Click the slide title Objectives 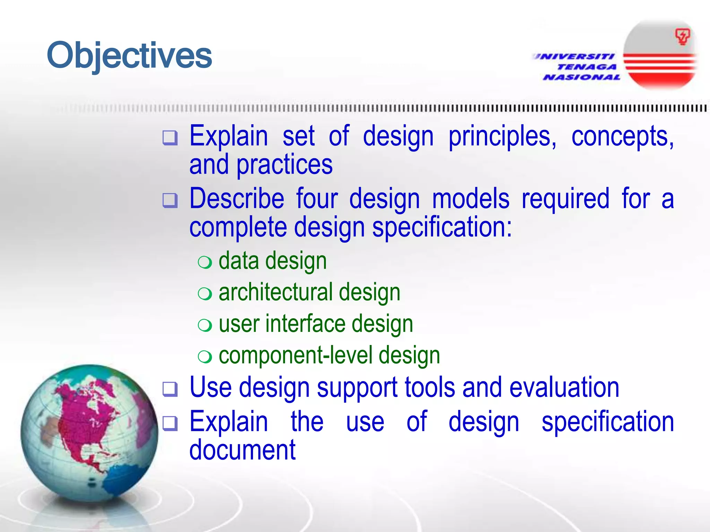129,55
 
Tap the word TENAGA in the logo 587,67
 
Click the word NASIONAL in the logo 581,77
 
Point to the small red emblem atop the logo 682,37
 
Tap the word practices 284,165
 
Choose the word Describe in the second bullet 237,199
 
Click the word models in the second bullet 470,199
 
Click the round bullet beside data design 205,263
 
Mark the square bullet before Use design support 170,389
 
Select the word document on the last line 242,450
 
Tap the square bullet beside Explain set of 170,138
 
